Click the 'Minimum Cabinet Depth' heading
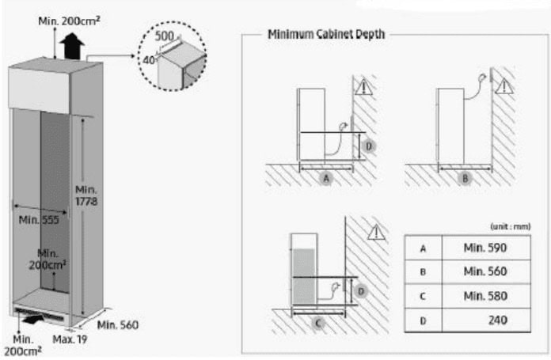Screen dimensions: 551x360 pos(326,35)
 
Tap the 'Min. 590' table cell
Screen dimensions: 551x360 pos(485,248)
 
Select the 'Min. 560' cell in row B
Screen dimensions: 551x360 pos(485,271)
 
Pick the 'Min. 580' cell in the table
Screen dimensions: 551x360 pos(485,296)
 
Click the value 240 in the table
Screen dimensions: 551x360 pos(498,320)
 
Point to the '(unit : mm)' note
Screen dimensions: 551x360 pos(511,226)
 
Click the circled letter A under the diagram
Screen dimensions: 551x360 pos(326,179)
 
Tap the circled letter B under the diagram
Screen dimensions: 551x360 pos(465,179)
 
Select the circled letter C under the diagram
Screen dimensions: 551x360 pos(318,323)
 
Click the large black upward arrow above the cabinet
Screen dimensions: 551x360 pos(72,46)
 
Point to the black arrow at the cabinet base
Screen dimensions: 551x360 pos(34,319)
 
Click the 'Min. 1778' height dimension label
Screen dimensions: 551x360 pos(86,195)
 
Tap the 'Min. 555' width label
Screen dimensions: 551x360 pos(39,220)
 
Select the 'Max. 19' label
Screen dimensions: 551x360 pos(70,339)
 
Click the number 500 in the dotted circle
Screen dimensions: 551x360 pos(165,36)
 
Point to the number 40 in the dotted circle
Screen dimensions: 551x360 pos(149,60)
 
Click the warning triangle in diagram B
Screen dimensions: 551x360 pos(504,86)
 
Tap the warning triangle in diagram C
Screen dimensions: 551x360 pos(376,233)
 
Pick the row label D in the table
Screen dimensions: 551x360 pos(423,320)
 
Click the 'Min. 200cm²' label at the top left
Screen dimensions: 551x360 pos(69,21)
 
